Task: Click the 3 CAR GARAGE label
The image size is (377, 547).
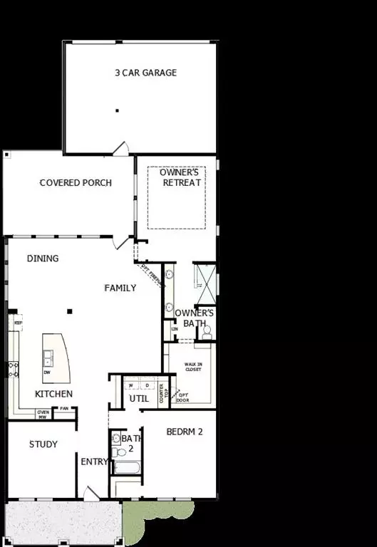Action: [x=145, y=73]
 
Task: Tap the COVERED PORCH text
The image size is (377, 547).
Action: [x=76, y=183]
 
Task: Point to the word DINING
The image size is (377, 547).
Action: [x=43, y=259]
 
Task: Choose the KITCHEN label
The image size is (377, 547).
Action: [x=53, y=394]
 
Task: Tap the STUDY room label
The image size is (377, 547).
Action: [x=43, y=444]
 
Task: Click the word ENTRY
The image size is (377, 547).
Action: [x=93, y=462]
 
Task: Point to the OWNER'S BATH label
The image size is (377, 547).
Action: [x=195, y=318]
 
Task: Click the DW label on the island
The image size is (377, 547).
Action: [x=47, y=373]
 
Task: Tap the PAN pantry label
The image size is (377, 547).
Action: [x=64, y=409]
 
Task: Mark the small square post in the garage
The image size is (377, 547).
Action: [x=118, y=110]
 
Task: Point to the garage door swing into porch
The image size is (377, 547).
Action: [x=121, y=148]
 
